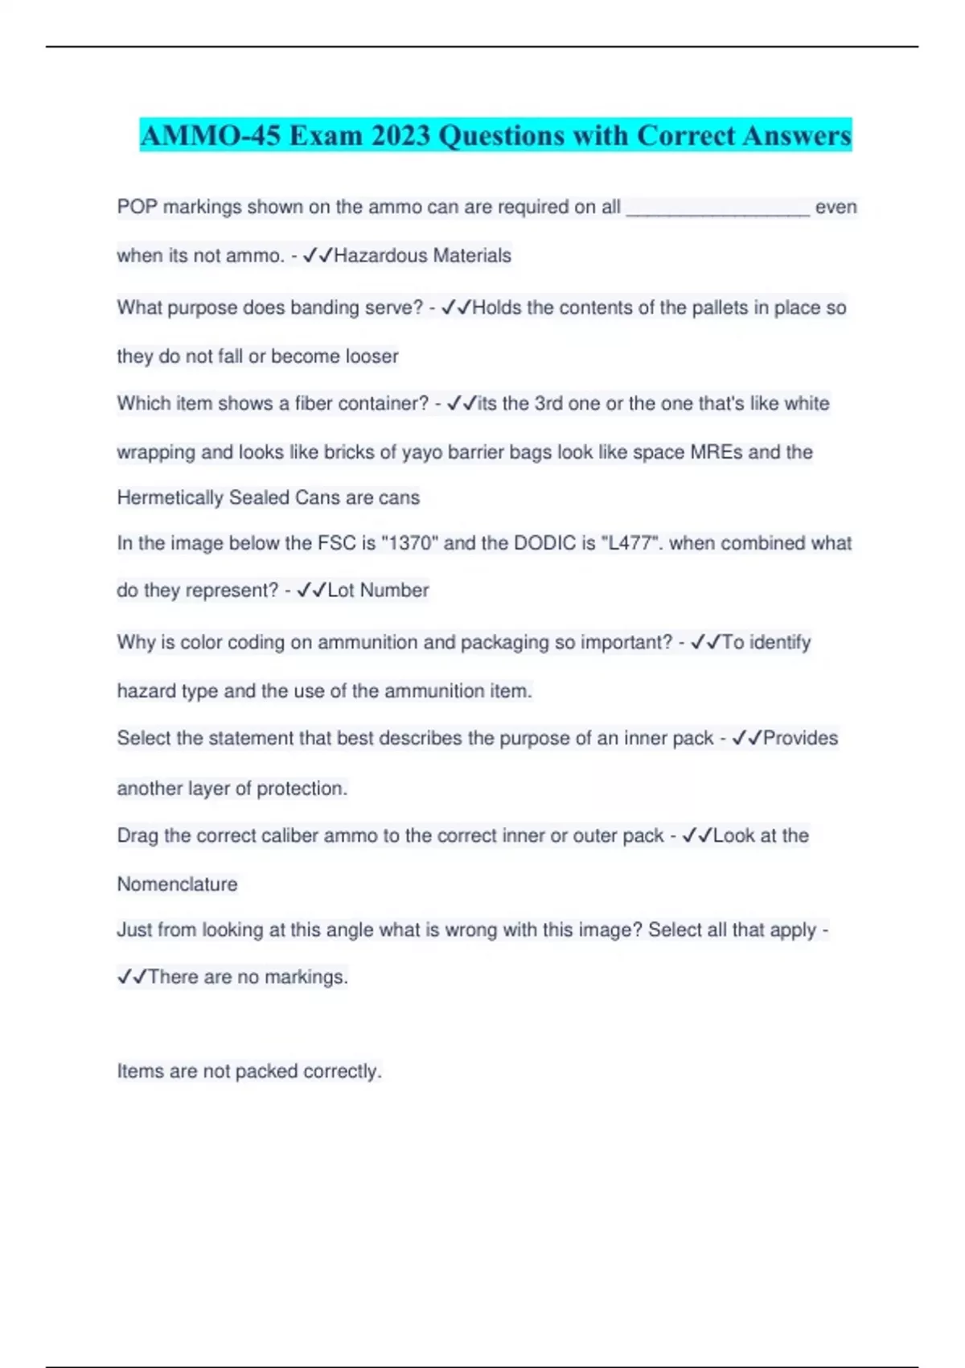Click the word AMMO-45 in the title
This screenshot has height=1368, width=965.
coord(211,135)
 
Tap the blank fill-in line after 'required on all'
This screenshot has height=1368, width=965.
coord(717,208)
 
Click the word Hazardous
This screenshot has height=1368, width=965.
coord(380,256)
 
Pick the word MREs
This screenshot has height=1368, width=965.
coord(717,452)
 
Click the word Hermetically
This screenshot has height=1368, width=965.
coord(170,498)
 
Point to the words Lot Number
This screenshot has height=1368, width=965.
coord(378,591)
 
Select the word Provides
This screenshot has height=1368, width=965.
coord(800,739)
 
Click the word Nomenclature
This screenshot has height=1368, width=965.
coord(177,884)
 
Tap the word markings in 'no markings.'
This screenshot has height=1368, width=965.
coord(306,977)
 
